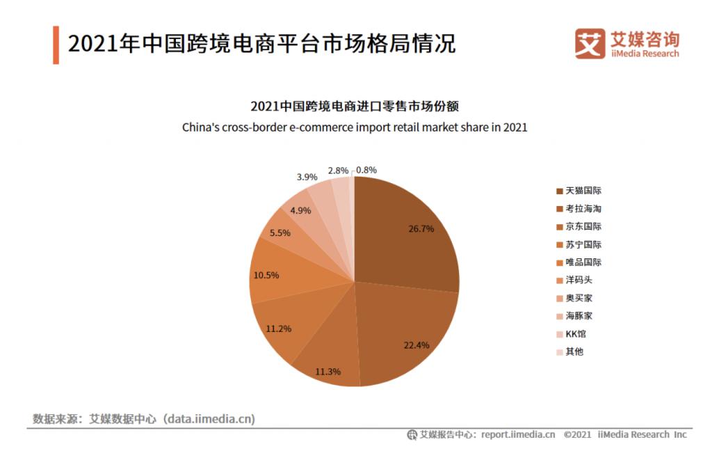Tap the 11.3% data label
tap(327, 372)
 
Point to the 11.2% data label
tap(278, 329)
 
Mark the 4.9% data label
tap(301, 210)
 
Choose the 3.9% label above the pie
tap(307, 177)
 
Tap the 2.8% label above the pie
tap(338, 171)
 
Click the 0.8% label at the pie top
tap(366, 170)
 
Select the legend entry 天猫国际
tap(583, 191)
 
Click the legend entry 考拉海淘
tap(583, 209)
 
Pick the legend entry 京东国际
tap(583, 226)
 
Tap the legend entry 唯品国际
tap(583, 262)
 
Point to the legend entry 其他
tap(574, 352)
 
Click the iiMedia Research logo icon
tap(590, 44)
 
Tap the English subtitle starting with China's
tap(355, 127)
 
